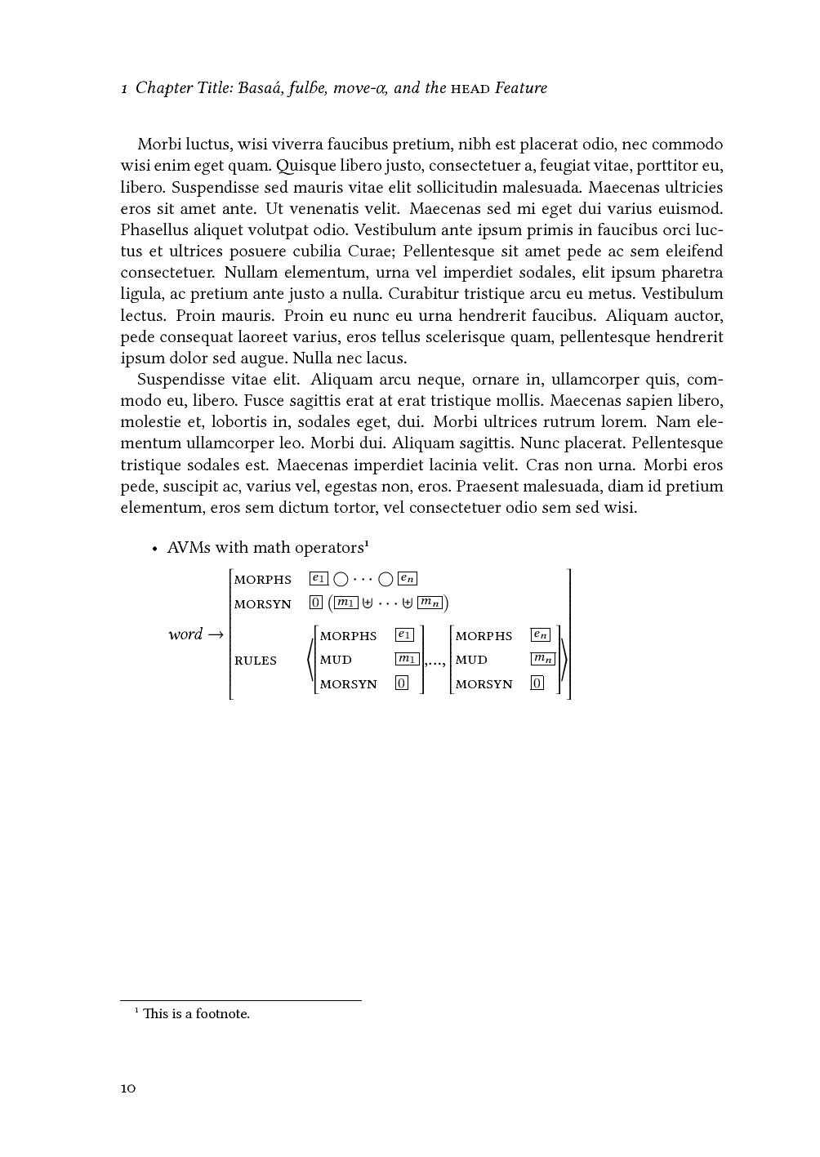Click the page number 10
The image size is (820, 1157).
click(128, 1088)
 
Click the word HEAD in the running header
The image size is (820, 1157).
click(470, 88)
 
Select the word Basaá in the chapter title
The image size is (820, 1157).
click(261, 87)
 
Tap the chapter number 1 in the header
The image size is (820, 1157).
click(124, 88)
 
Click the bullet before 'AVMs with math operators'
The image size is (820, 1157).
click(154, 549)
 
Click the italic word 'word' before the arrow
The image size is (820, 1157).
click(185, 634)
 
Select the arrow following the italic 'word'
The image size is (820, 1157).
click(215, 634)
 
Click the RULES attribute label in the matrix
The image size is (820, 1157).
click(256, 661)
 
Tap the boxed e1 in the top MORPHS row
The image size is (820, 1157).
click(319, 579)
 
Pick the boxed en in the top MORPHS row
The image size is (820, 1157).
click(407, 579)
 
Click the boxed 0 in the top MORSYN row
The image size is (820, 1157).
click(316, 603)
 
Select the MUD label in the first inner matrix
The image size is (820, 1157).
click(336, 660)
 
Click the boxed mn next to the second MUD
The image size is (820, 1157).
click(542, 659)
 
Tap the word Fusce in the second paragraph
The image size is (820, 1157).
click(263, 401)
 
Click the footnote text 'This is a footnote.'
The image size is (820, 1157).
click(196, 1014)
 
